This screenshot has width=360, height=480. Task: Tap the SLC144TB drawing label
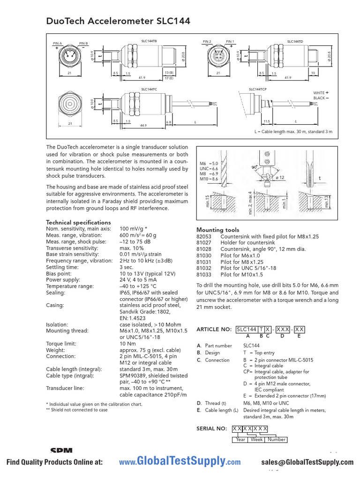(149, 41)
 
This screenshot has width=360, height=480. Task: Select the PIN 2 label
(207, 41)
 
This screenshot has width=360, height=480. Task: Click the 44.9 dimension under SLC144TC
(143, 125)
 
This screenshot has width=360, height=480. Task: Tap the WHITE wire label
(319, 92)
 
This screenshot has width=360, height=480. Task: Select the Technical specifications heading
(78, 222)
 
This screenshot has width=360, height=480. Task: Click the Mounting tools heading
(217, 230)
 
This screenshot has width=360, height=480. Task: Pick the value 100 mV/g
(132, 228)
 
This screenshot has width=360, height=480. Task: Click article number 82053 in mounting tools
(204, 237)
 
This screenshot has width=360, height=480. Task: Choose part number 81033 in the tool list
(204, 275)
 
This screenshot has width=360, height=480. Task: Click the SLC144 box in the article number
(246, 329)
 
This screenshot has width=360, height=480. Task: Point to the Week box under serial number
(256, 439)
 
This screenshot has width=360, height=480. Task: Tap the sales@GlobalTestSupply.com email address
(308, 462)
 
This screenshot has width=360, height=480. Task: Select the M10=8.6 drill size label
(209, 179)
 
